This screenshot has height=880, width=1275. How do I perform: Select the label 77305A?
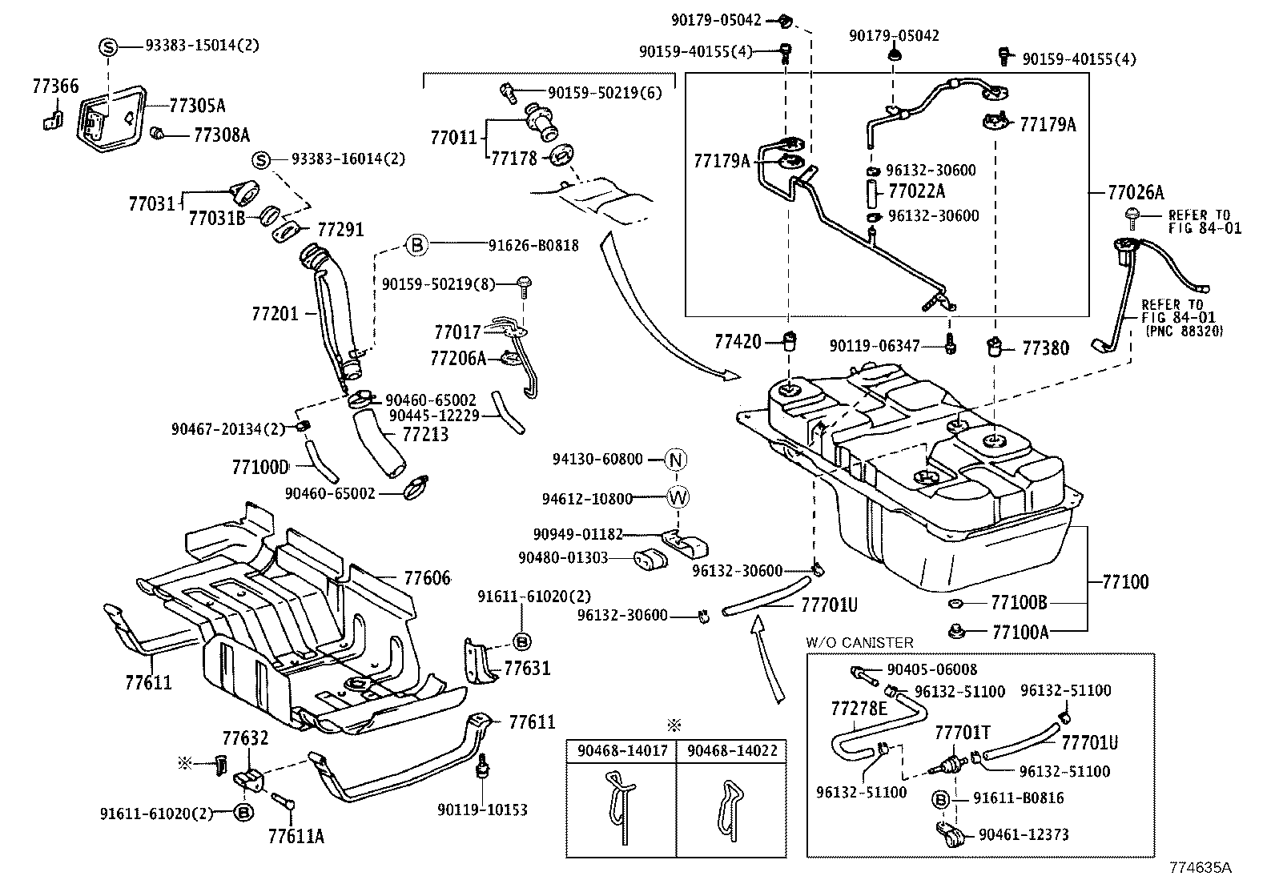click(x=197, y=105)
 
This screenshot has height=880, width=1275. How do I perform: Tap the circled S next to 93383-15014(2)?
click(x=108, y=47)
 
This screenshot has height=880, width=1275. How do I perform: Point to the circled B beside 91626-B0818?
click(x=417, y=245)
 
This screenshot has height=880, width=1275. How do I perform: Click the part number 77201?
click(x=275, y=315)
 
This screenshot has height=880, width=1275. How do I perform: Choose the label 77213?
click(x=425, y=435)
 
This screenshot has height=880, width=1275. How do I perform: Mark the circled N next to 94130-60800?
click(x=677, y=460)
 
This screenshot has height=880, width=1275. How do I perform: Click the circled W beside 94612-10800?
click(x=678, y=498)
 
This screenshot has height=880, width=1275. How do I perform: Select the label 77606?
click(x=427, y=577)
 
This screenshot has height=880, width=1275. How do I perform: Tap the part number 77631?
click(x=527, y=668)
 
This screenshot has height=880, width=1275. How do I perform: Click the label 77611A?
click(x=296, y=837)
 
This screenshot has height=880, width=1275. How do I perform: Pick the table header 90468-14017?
click(x=621, y=752)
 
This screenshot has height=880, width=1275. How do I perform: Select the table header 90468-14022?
click(x=732, y=752)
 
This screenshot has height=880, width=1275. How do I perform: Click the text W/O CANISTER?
click(x=859, y=642)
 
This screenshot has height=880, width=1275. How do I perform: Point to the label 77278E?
click(x=859, y=709)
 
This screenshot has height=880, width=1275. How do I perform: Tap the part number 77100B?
click(x=1019, y=602)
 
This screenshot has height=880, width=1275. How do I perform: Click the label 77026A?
click(x=1136, y=192)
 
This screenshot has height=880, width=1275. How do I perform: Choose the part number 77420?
click(x=738, y=343)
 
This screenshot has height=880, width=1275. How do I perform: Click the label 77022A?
click(x=916, y=191)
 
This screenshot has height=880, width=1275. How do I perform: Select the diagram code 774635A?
click(x=1200, y=867)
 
